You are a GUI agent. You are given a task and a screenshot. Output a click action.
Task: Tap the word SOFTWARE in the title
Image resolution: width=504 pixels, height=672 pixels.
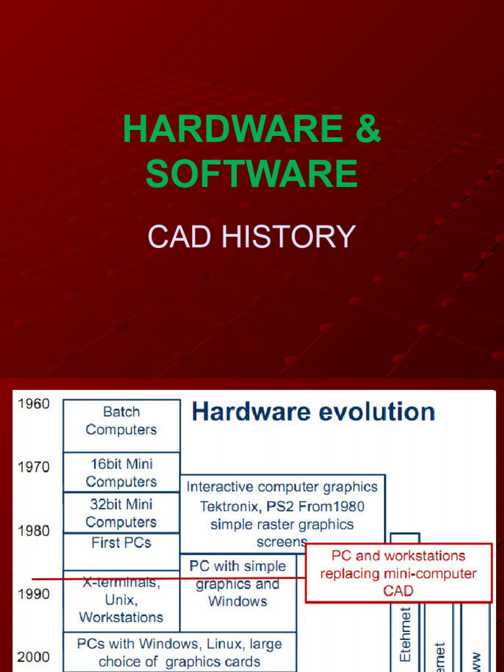click(252, 174)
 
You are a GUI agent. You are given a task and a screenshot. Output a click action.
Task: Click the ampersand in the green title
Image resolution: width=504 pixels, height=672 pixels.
click(366, 129)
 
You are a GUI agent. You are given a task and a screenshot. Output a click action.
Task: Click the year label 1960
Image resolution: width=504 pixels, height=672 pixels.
click(33, 404)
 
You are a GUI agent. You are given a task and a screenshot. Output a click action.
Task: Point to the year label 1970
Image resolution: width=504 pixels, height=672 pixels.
click(33, 467)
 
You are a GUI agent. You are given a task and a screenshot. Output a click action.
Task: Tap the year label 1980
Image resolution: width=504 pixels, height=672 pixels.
click(33, 530)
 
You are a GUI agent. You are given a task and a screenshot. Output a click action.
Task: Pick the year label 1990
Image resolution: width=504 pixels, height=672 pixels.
click(33, 594)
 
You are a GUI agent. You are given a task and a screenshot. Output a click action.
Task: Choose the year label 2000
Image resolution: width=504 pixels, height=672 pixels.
click(33, 657)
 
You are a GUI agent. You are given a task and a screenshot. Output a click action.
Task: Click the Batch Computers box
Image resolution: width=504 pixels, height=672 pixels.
click(121, 421)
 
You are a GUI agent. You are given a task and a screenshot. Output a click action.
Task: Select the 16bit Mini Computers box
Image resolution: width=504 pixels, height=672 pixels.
click(121, 472)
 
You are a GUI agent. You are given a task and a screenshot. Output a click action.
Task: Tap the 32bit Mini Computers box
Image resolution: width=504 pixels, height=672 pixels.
click(121, 513)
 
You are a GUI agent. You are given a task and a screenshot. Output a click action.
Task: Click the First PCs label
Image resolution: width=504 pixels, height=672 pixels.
click(121, 543)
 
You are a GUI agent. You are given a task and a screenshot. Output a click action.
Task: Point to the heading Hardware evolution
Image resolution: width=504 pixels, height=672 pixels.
click(313, 412)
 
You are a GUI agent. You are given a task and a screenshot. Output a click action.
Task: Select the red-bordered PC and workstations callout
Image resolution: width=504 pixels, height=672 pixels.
click(398, 573)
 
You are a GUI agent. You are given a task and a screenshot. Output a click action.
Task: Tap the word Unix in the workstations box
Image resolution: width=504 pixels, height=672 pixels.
click(121, 600)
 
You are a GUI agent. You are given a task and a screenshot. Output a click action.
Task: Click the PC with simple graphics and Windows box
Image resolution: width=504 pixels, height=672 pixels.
click(238, 583)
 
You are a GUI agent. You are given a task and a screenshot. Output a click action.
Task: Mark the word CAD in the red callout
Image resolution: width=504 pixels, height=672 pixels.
click(398, 591)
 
